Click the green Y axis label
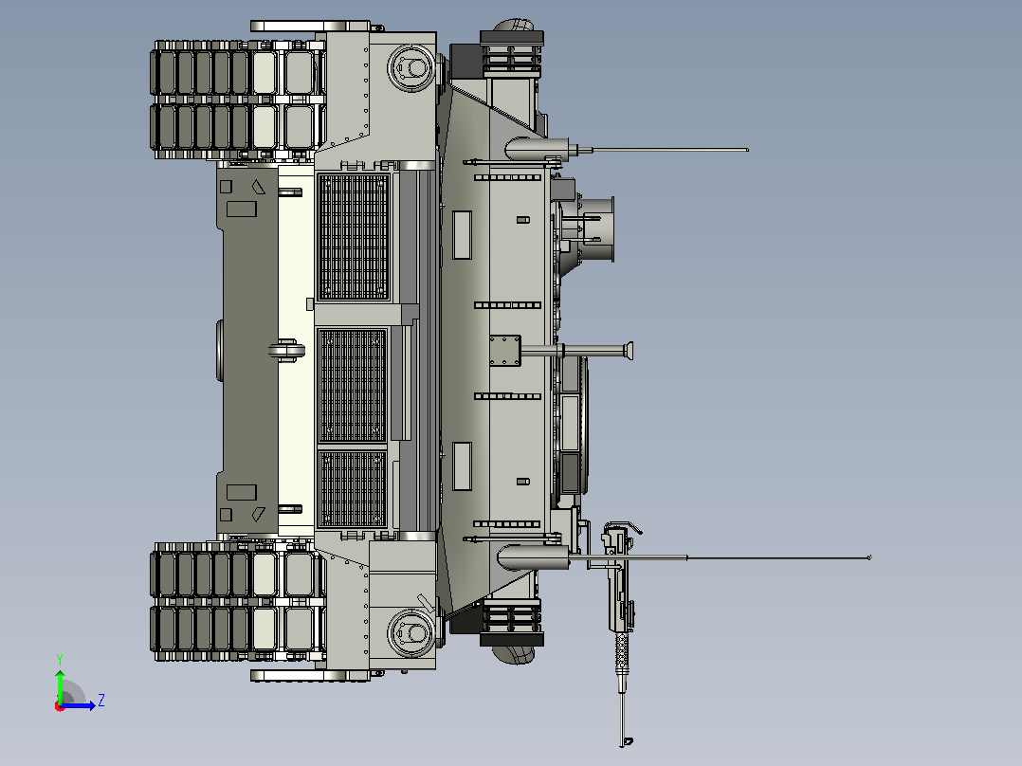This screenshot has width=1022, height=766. pos(60,659)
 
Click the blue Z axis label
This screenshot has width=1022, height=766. pos(101,701)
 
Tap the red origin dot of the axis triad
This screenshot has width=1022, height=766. pos(60,706)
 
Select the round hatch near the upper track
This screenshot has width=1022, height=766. pos(411,67)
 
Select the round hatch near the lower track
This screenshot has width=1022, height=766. pos(411,631)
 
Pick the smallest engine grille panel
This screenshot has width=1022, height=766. pos(353,488)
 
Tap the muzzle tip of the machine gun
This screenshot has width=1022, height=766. pos(628,741)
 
